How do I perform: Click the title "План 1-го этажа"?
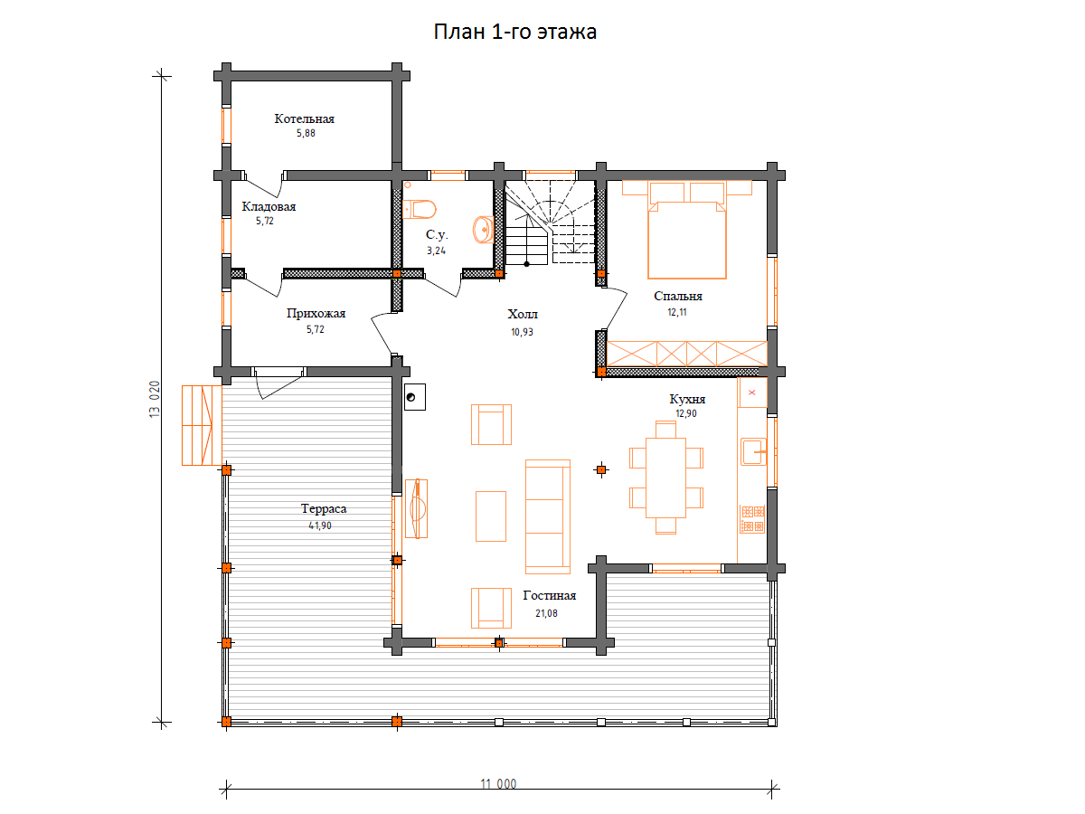(x=514, y=33)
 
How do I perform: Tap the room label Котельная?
(x=304, y=118)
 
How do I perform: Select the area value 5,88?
(x=306, y=133)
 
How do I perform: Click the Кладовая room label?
(x=269, y=206)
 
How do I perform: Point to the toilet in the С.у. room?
(x=419, y=209)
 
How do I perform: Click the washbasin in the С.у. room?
(x=484, y=230)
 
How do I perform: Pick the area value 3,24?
(x=436, y=251)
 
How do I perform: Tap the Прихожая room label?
(x=316, y=313)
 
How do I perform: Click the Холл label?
(x=523, y=315)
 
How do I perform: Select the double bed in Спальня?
(x=686, y=230)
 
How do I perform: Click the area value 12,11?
(x=676, y=312)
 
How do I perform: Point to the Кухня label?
(x=687, y=399)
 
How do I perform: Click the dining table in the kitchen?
(x=665, y=478)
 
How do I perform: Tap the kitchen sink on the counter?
(x=753, y=451)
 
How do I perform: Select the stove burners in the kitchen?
(x=752, y=519)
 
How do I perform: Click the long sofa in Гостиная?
(x=548, y=516)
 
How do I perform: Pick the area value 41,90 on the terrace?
(x=320, y=525)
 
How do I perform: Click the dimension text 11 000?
(x=498, y=784)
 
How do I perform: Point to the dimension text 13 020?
(x=155, y=400)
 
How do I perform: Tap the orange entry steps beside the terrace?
(x=202, y=425)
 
